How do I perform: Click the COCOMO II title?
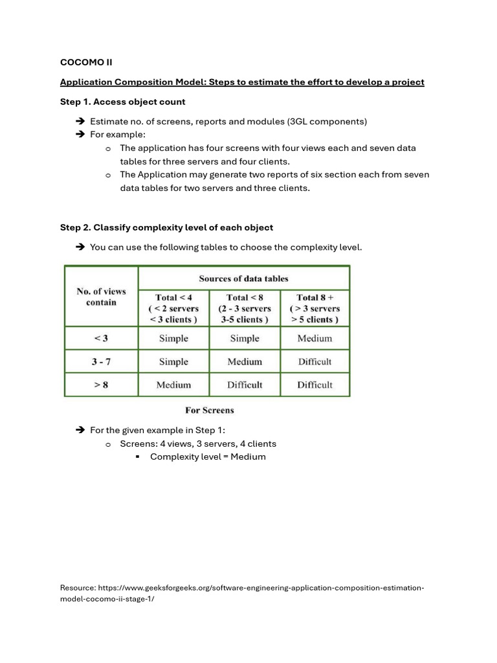point(86,62)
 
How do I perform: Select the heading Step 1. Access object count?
point(122,102)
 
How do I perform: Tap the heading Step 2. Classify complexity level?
point(166,227)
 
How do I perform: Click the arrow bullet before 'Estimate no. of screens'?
point(80,122)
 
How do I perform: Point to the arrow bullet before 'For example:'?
point(80,135)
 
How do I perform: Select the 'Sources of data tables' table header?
point(243,278)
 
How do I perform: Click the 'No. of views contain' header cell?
point(101,297)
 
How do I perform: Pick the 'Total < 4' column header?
point(173,308)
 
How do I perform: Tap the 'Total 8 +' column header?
point(315,308)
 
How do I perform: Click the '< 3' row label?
point(101,338)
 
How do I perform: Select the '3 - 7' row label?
point(101,361)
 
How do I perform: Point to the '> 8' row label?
point(101,385)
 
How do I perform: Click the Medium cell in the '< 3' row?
point(315,338)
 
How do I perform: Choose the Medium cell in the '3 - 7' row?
point(245,361)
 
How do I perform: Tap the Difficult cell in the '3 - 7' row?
point(315,361)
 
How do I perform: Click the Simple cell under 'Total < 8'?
point(245,338)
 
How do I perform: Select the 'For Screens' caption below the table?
point(210,410)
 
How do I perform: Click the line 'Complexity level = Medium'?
point(208,456)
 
